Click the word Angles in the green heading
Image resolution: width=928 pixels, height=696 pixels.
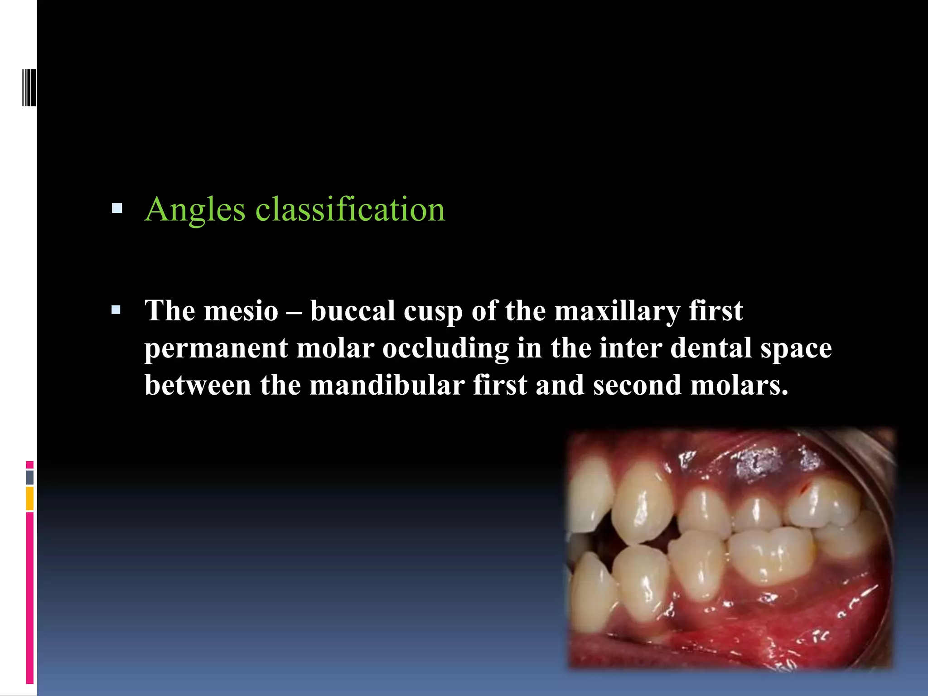point(195,210)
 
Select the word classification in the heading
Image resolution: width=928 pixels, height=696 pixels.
point(350,209)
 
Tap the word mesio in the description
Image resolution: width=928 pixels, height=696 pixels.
point(241,312)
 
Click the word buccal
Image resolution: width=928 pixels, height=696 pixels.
point(353,312)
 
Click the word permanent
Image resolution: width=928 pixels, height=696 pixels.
point(216,349)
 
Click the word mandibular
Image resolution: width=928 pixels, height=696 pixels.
point(387,386)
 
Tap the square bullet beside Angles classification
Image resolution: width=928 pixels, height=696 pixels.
point(117,208)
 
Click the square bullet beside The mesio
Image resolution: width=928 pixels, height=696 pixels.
point(116,310)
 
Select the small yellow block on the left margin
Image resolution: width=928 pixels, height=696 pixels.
point(29,498)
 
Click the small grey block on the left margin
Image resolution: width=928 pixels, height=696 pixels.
point(29,477)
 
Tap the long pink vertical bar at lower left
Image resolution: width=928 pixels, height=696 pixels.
point(29,598)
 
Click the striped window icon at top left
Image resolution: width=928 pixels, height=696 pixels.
point(29,87)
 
